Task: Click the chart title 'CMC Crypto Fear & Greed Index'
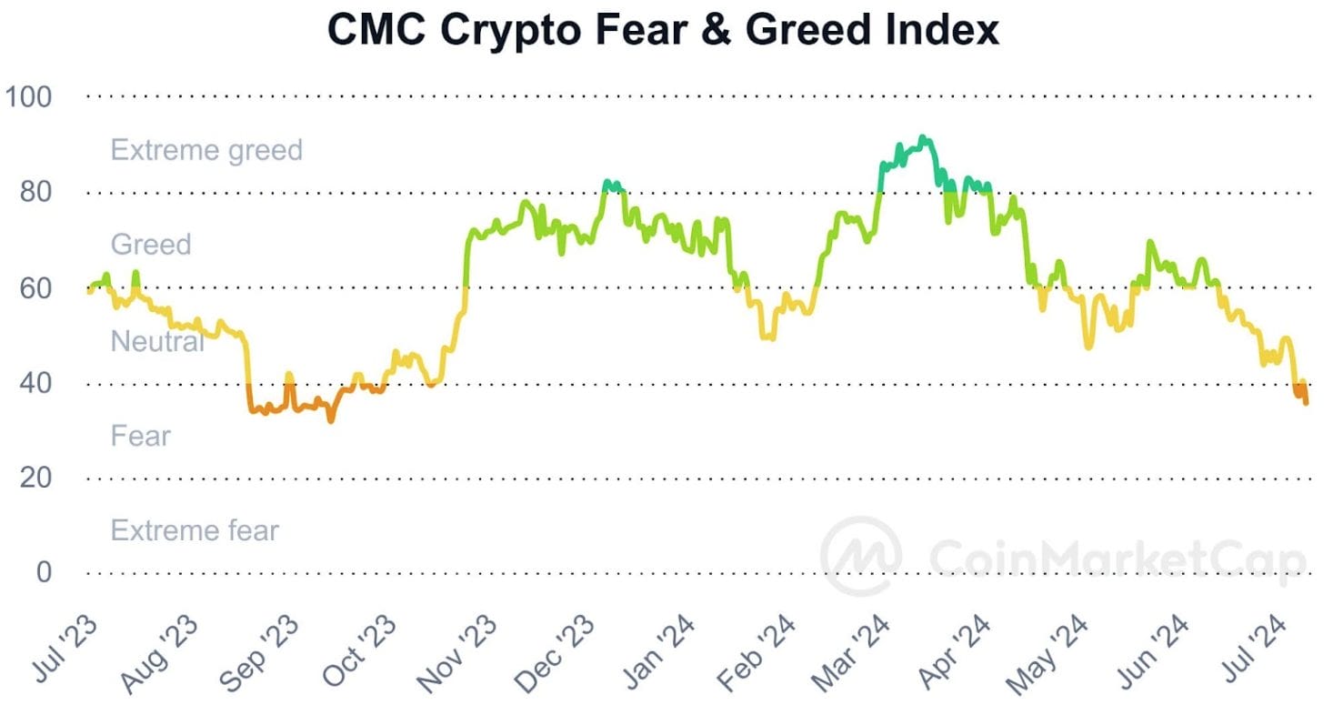click(663, 30)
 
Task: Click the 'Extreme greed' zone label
click(206, 149)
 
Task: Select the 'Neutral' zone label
click(157, 341)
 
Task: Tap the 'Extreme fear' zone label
click(195, 529)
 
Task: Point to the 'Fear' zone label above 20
click(140, 436)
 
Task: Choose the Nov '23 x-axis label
click(458, 651)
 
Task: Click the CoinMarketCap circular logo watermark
click(861, 556)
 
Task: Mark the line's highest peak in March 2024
click(923, 138)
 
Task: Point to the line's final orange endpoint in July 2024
click(1306, 402)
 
